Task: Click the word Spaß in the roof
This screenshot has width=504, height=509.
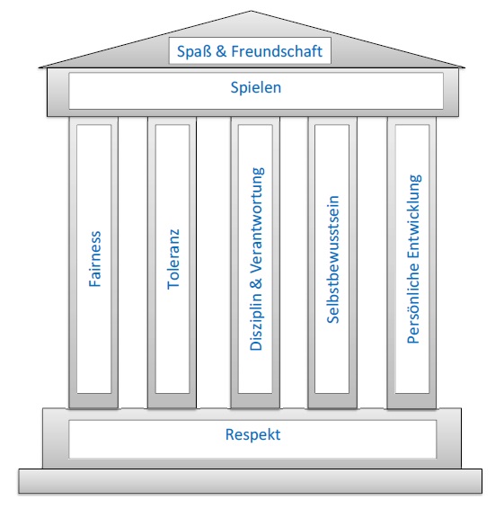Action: pos(194,51)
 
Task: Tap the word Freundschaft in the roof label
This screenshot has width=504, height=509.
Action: pos(277,51)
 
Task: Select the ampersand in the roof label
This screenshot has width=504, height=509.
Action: pos(221,51)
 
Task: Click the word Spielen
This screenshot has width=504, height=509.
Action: pos(255,87)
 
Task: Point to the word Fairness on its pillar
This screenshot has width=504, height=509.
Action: pos(95,259)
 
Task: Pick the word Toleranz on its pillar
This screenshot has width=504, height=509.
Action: pos(173,259)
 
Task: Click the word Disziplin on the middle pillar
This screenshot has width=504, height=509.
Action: pos(256,321)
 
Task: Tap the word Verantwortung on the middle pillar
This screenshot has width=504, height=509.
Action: pos(258,220)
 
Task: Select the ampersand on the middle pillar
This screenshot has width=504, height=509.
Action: pos(256,282)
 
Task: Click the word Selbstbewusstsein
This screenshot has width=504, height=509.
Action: pos(333,259)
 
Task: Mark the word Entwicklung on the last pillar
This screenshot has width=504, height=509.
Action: pos(414,217)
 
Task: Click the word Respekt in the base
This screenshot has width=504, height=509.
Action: pos(253,435)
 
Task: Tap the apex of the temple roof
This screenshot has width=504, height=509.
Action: pos(251,11)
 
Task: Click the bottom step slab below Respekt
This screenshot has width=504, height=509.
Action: pos(250,481)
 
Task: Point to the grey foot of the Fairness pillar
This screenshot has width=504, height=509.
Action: pos(93,401)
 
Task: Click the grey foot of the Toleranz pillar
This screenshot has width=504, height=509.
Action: pos(172,401)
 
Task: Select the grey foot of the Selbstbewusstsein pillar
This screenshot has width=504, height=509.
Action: pos(332,401)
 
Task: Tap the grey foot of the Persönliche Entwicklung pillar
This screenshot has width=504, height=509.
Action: pos(411,401)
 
